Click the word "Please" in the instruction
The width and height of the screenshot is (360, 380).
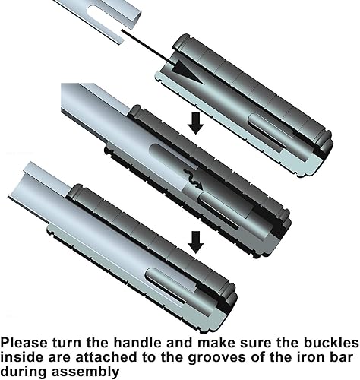point(24,344)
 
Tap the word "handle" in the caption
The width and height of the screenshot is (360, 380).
point(137,343)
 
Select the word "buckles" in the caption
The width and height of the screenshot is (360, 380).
point(332,343)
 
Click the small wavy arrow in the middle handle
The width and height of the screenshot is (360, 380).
point(193,179)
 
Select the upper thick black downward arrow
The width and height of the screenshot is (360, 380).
point(196,123)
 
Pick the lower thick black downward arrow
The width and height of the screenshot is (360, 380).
point(196,242)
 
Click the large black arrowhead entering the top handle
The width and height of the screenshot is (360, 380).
point(188,71)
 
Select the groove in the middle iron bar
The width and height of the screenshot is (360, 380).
point(174,157)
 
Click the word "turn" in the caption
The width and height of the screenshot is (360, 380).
point(67,343)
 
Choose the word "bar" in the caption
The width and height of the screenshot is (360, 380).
point(339,357)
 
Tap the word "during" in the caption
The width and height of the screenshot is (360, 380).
point(24,372)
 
